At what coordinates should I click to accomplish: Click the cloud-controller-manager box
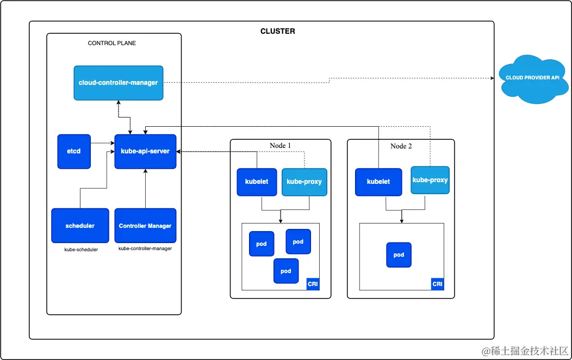pyautogui.click(x=118, y=83)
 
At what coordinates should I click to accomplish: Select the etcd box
pyautogui.click(x=74, y=151)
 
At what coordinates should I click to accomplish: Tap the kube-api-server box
pyautogui.click(x=145, y=151)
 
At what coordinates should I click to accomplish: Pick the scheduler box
pyautogui.click(x=80, y=226)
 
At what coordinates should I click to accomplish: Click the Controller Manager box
pyautogui.click(x=145, y=226)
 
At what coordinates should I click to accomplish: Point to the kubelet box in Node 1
pyautogui.click(x=257, y=182)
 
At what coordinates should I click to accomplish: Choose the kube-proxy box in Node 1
pyautogui.click(x=304, y=182)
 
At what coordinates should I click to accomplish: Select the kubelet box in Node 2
pyautogui.click(x=378, y=182)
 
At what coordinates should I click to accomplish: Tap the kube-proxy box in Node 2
pyautogui.click(x=430, y=180)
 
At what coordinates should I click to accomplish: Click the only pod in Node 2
pyautogui.click(x=399, y=255)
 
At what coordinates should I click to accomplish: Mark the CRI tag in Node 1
pyautogui.click(x=313, y=284)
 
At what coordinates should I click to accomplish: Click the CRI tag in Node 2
pyautogui.click(x=437, y=284)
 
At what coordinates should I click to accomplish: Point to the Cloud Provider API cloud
pyautogui.click(x=532, y=78)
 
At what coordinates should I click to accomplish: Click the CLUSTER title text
pyautogui.click(x=278, y=32)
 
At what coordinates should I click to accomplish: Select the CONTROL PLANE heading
pyautogui.click(x=111, y=43)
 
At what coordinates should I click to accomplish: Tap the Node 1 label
pyautogui.click(x=280, y=146)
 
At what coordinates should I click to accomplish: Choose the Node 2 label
pyautogui.click(x=401, y=146)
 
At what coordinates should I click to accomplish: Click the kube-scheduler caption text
pyautogui.click(x=81, y=250)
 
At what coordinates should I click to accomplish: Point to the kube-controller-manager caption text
pyautogui.click(x=145, y=249)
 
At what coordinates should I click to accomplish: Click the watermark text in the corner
pyautogui.click(x=525, y=351)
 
